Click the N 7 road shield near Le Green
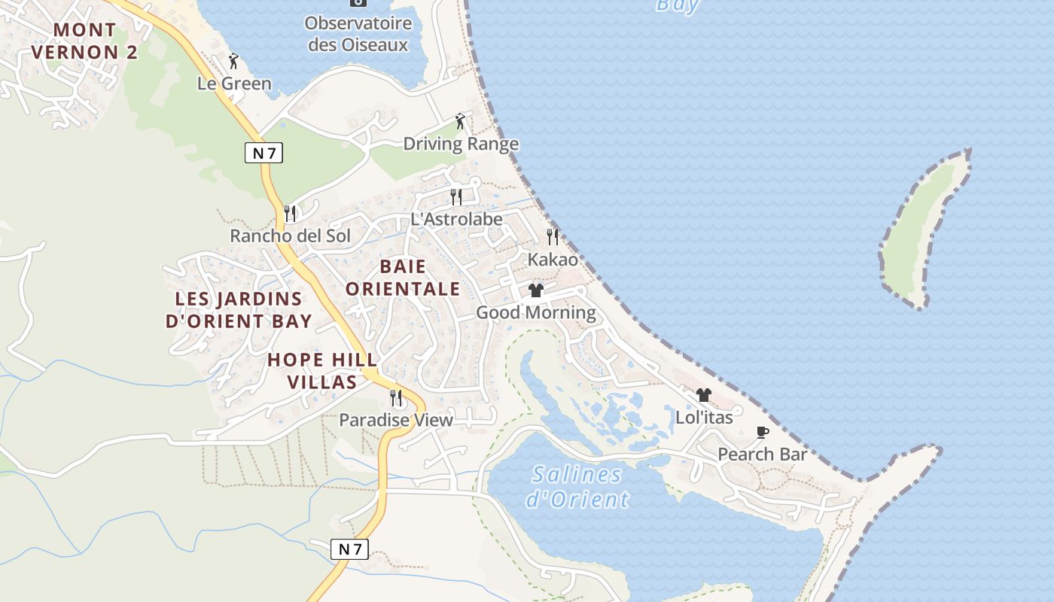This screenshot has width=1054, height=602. pyautogui.click(x=263, y=153)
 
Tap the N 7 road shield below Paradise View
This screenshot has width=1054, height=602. pyautogui.click(x=350, y=549)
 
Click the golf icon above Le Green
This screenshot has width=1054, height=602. pyautogui.click(x=233, y=61)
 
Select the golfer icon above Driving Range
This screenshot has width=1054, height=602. pyautogui.click(x=460, y=121)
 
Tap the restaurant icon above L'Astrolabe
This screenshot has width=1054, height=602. pyautogui.click(x=456, y=197)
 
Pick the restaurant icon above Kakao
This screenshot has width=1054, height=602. pyautogui.click(x=553, y=237)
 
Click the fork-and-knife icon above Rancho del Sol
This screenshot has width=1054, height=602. pyautogui.click(x=290, y=214)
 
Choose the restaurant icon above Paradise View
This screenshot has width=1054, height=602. pyautogui.click(x=395, y=397)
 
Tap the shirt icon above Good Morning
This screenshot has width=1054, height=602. pyautogui.click(x=535, y=290)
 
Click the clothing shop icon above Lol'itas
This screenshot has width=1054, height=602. pyautogui.click(x=703, y=394)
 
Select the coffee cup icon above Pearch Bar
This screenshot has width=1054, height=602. pyautogui.click(x=762, y=432)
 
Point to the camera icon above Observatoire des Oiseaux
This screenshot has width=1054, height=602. pyautogui.click(x=358, y=2)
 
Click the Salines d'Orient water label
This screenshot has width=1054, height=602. pyautogui.click(x=579, y=486)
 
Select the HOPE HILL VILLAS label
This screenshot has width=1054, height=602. pyautogui.click(x=322, y=370)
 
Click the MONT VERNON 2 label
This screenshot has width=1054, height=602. pyautogui.click(x=85, y=41)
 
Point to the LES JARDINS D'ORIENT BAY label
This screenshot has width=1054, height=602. pyautogui.click(x=239, y=310)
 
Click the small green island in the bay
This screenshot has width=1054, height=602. pyautogui.click(x=922, y=226)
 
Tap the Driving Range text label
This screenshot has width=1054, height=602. pyautogui.click(x=461, y=144)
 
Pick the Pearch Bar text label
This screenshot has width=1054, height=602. pyautogui.click(x=762, y=455)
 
